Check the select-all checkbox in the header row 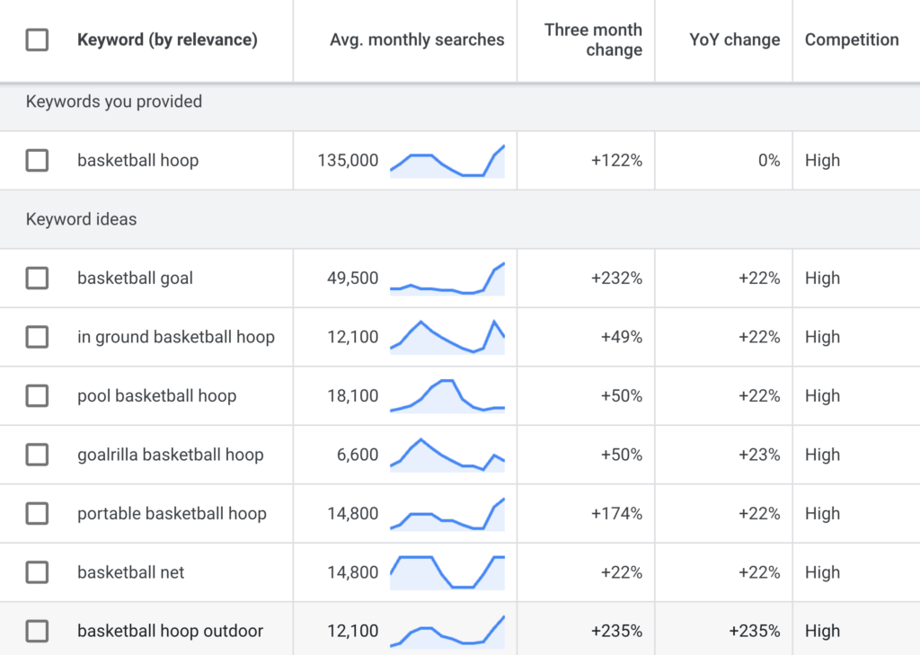37,40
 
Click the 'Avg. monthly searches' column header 417,40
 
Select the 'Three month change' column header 593,40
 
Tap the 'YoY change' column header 734,40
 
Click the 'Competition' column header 851,40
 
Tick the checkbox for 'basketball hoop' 37,161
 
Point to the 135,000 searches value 348,161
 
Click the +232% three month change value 616,279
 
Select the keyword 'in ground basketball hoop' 176,337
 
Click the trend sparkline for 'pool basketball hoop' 447,395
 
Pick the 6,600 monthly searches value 358,455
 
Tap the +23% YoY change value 759,455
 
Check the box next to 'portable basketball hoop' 37,514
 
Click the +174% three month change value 616,514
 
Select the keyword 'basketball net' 131,572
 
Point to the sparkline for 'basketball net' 447,572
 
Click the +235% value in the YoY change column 755,632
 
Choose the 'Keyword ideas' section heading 82,219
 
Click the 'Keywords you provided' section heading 114,102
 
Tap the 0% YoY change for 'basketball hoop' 769,161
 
